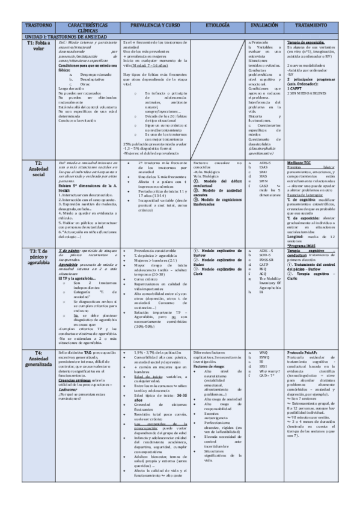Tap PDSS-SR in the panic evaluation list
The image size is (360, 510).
[x=267, y=259]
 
